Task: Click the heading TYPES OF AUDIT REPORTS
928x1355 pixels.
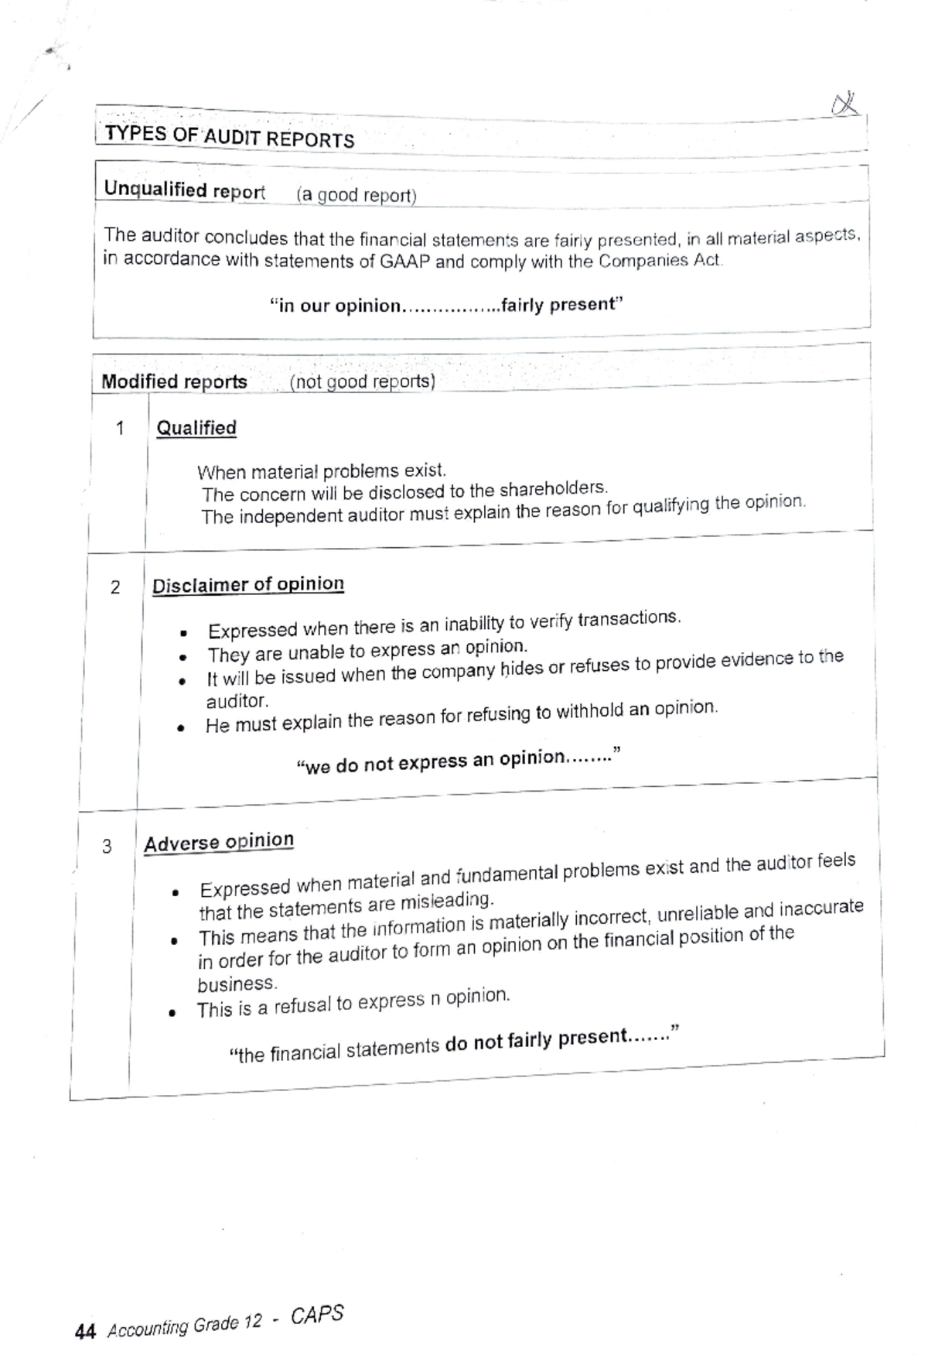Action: point(229,137)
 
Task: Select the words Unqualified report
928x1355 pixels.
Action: point(184,190)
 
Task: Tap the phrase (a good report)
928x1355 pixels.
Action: point(356,195)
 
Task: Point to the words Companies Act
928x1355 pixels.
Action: point(660,260)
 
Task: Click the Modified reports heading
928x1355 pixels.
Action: point(174,382)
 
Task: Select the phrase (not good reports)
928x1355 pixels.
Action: point(362,382)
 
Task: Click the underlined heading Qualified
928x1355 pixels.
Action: point(196,428)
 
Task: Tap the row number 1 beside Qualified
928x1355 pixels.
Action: point(119,428)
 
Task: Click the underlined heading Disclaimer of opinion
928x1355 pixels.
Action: point(247,585)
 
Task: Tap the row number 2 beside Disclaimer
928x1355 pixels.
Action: point(115,587)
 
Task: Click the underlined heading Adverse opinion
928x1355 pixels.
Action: point(219,842)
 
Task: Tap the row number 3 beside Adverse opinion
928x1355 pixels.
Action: point(107,847)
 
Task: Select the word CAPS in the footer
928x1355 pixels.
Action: point(317,1316)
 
